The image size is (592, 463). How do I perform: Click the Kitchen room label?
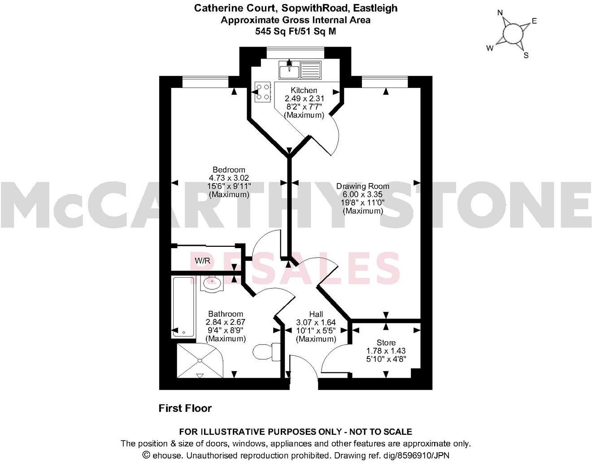(x=304, y=90)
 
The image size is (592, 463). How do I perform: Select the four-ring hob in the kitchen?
(x=263, y=91)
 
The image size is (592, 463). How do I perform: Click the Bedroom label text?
(x=229, y=170)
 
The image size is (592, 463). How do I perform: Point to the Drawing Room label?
(x=363, y=186)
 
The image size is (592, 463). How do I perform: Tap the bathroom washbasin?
(x=212, y=283)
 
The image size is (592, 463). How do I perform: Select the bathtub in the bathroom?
(x=184, y=307)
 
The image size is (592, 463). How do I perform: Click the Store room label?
(x=386, y=343)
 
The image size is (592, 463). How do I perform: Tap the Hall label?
(x=316, y=314)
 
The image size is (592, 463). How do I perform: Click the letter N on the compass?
(x=500, y=13)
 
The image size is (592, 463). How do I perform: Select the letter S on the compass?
(x=526, y=55)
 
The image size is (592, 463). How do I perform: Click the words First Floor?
(x=185, y=408)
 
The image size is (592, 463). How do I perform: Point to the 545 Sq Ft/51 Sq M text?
(x=296, y=31)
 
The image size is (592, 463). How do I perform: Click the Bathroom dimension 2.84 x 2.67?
(x=226, y=322)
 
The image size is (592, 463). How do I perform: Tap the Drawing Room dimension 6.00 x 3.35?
(x=363, y=194)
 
